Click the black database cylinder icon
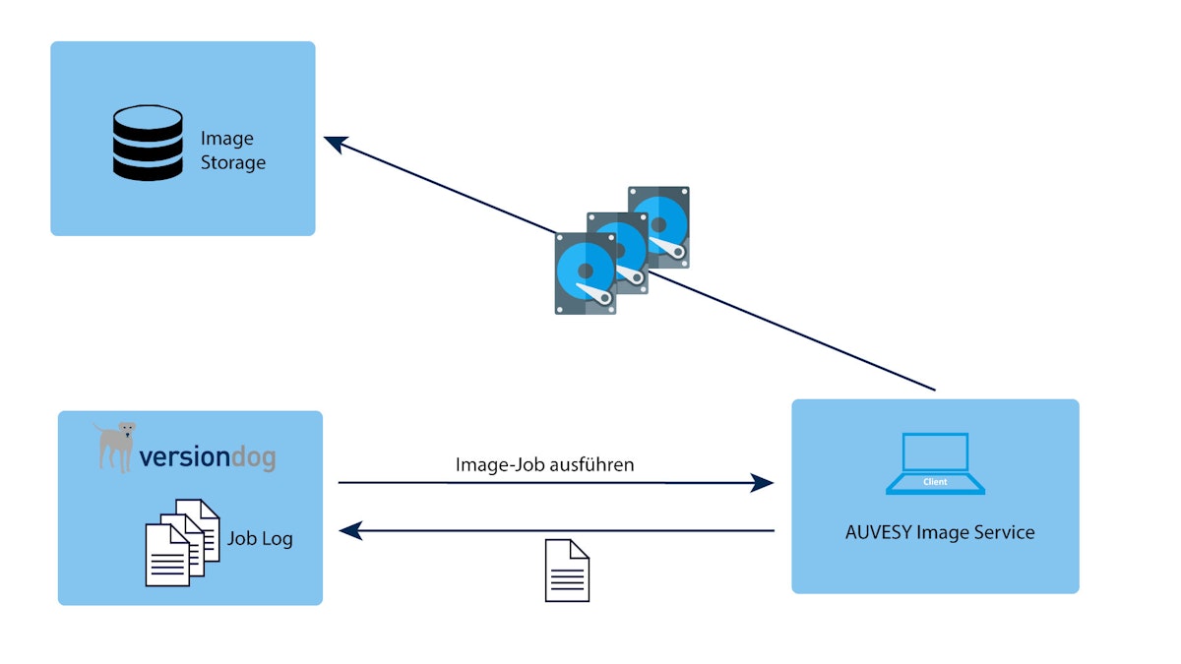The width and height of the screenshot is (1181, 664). (x=148, y=143)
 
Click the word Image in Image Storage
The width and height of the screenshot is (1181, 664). (x=226, y=139)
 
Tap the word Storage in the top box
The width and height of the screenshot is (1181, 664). (x=233, y=162)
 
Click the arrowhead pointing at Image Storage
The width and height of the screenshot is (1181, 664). (x=335, y=144)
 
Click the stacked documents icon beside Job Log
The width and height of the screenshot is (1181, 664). (x=181, y=542)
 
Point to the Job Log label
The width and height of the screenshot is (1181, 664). (x=260, y=539)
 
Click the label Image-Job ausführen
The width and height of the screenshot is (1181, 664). (x=544, y=464)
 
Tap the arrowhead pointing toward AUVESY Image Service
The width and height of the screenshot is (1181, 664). (x=762, y=483)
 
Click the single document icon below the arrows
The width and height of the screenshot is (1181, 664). (x=567, y=571)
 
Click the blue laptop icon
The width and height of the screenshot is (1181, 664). (x=935, y=462)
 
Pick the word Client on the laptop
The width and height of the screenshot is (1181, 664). (x=935, y=482)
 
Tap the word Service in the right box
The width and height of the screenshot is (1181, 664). (x=1003, y=532)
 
